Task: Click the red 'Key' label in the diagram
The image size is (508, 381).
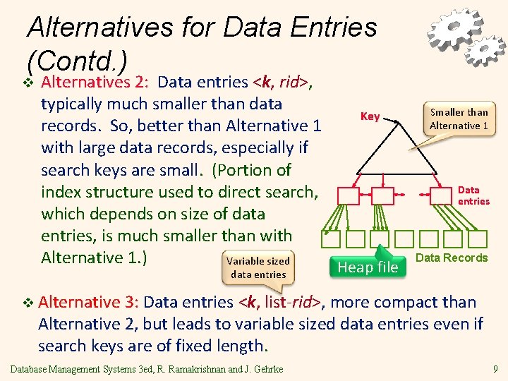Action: (370, 116)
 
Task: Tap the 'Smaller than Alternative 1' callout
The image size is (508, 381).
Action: (459, 119)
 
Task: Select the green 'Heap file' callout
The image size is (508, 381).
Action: (368, 267)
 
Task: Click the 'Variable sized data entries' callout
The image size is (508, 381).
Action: (258, 267)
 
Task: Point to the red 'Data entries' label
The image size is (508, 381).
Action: (473, 195)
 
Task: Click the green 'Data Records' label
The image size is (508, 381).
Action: (452, 258)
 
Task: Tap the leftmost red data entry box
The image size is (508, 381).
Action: (349, 195)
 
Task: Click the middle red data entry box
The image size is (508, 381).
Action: (382, 195)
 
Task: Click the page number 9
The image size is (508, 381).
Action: (495, 368)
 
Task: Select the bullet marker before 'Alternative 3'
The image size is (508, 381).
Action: (28, 303)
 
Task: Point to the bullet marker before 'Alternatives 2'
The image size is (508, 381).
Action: (28, 83)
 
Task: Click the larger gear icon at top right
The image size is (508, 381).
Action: (451, 30)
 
